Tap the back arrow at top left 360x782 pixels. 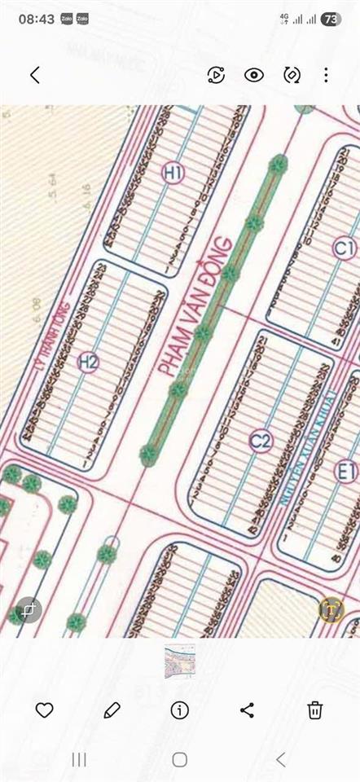[34, 75]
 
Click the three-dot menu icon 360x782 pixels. [326, 75]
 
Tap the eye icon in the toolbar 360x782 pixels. [254, 75]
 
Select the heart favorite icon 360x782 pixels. [44, 710]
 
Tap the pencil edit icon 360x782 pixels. [112, 710]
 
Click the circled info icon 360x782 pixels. [180, 710]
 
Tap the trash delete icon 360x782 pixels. [315, 710]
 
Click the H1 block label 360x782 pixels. [173, 172]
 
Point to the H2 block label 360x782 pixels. [88, 362]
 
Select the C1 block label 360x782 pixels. [345, 248]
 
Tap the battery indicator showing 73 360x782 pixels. [331, 19]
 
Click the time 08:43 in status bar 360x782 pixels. [36, 19]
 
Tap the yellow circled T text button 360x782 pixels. [331, 609]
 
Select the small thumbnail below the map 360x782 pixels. [180, 661]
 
